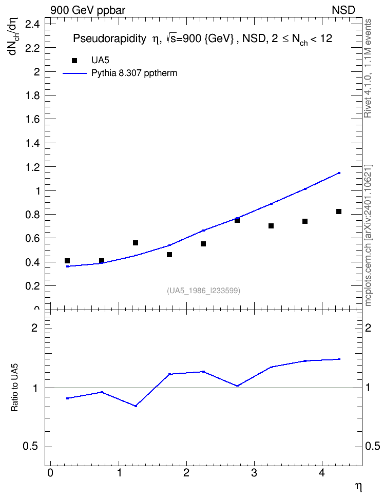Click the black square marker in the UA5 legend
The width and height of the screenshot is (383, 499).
(x=74, y=61)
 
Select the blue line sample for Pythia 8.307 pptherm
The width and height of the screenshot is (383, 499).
(x=75, y=73)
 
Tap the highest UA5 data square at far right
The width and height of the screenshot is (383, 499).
(x=339, y=212)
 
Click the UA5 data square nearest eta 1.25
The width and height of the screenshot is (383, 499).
(x=136, y=243)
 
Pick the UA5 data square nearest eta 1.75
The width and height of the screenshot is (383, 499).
(x=169, y=255)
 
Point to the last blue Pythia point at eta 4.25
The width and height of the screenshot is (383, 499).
(x=339, y=173)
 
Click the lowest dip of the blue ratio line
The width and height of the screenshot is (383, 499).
(x=136, y=406)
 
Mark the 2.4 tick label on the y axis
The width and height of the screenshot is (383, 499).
(x=32, y=24)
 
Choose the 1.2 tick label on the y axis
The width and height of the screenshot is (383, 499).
(x=32, y=167)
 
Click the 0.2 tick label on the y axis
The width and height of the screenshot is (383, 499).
(x=32, y=286)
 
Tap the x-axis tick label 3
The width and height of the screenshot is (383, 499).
(x=254, y=473)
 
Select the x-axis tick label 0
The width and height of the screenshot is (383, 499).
(x=50, y=473)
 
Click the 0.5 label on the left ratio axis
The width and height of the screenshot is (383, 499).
(x=31, y=447)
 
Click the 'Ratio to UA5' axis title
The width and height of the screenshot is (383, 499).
(x=15, y=388)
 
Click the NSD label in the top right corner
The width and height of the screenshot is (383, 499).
(x=343, y=10)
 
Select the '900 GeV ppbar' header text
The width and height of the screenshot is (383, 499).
(x=88, y=10)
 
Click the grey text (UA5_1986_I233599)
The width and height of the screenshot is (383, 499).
(x=203, y=291)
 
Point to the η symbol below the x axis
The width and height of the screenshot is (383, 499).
(x=358, y=487)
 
